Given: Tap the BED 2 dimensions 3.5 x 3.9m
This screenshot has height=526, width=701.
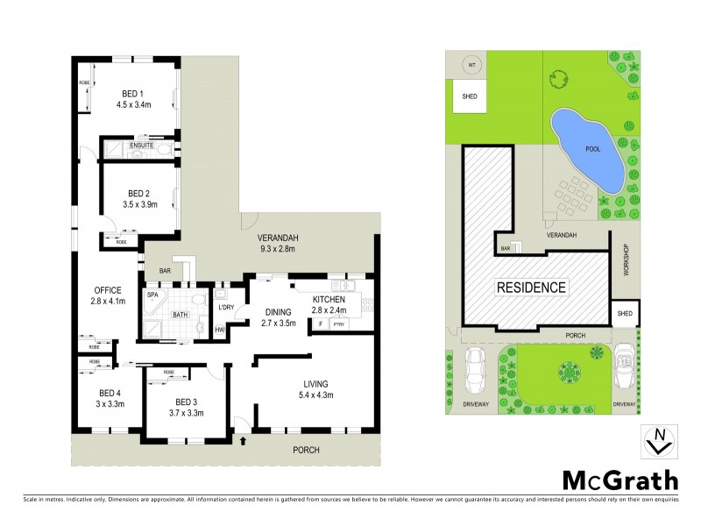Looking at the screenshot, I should (x=140, y=208).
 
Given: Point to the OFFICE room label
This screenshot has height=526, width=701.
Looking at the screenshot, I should (x=109, y=290).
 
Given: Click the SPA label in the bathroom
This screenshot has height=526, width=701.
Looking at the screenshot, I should (x=152, y=295).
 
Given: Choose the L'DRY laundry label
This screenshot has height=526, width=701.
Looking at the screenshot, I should (x=224, y=306).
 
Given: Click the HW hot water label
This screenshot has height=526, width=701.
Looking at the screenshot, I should (x=219, y=329).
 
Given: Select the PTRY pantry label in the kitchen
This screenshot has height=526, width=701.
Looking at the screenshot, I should (x=338, y=324).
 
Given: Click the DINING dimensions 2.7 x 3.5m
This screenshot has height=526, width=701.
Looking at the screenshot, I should (x=279, y=323).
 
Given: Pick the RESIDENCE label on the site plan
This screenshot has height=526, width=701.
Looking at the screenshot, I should (x=531, y=287).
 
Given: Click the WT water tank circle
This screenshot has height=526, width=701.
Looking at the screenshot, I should (x=470, y=65).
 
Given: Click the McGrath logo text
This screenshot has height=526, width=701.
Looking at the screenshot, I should (x=619, y=480).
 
